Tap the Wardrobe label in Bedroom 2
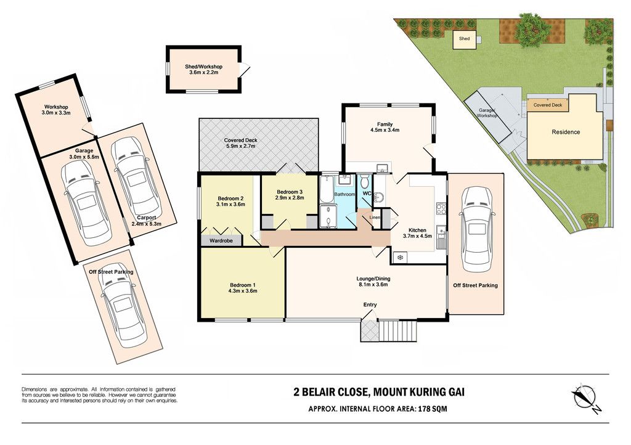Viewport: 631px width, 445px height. pyautogui.click(x=221, y=240)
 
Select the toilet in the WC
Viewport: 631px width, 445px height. pyautogui.click(x=365, y=181)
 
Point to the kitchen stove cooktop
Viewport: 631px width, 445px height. pyautogui.click(x=441, y=208)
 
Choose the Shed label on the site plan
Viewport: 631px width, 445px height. pyautogui.click(x=464, y=39)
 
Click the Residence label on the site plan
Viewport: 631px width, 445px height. pyautogui.click(x=566, y=132)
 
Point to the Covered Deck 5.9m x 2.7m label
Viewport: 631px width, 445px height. pyautogui.click(x=241, y=143)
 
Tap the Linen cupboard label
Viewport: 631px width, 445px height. pyautogui.click(x=375, y=218)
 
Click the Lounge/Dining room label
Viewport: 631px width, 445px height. pyautogui.click(x=373, y=279)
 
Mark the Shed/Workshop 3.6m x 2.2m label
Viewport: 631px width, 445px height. pyautogui.click(x=203, y=70)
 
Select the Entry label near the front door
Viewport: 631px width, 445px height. pyautogui.click(x=370, y=304)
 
